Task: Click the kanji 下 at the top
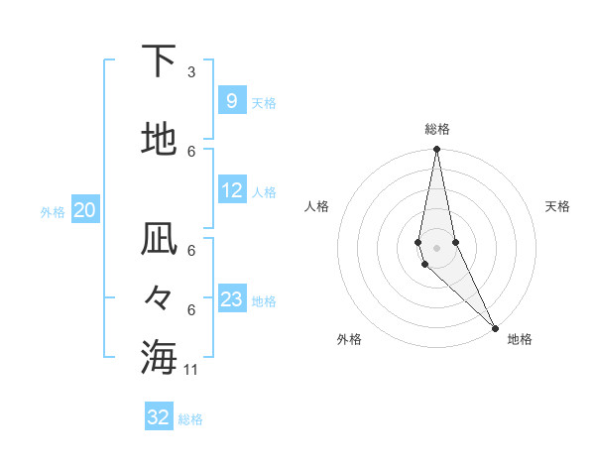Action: click(160, 61)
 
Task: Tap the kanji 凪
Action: click(160, 240)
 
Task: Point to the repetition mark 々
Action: click(160, 297)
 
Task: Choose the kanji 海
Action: click(160, 357)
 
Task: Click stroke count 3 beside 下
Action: click(191, 72)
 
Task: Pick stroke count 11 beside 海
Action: click(191, 370)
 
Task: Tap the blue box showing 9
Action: click(231, 101)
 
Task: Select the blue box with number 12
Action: click(232, 191)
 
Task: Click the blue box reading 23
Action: click(232, 299)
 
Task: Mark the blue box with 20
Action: click(84, 210)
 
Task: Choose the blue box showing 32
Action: click(159, 417)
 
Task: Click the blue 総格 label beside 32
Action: click(190, 419)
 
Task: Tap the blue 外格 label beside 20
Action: click(53, 211)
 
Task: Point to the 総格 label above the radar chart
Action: click(436, 129)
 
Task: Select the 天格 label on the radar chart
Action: click(557, 206)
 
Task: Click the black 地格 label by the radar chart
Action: click(520, 339)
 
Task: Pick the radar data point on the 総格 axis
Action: click(436, 150)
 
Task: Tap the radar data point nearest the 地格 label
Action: click(495, 327)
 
